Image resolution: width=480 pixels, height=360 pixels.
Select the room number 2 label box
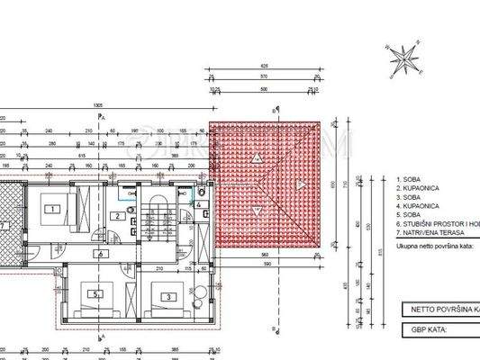click(117, 217)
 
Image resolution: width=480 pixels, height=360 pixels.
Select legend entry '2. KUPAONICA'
click(417, 189)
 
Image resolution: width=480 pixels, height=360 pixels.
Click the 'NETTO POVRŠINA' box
click(439, 309)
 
